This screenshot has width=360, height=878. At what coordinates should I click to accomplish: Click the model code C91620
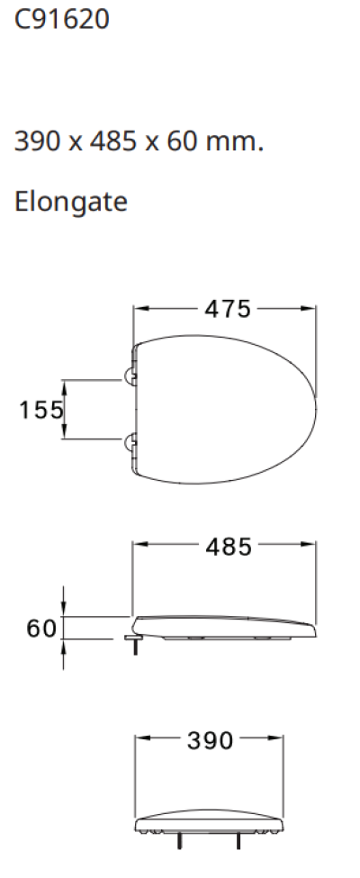click(x=62, y=19)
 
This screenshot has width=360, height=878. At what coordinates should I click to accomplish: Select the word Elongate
click(x=71, y=203)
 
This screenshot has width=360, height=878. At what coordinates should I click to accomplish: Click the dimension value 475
click(x=227, y=309)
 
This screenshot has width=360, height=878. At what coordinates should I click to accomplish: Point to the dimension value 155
click(x=41, y=410)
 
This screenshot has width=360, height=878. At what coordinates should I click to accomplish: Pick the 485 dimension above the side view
click(x=227, y=547)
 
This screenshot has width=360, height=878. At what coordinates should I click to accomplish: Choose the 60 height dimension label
click(x=41, y=628)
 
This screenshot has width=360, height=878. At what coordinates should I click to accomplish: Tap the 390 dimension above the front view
click(x=210, y=740)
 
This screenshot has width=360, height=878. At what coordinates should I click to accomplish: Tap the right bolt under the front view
click(x=238, y=840)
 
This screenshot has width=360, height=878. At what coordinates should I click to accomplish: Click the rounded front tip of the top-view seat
click(x=316, y=410)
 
